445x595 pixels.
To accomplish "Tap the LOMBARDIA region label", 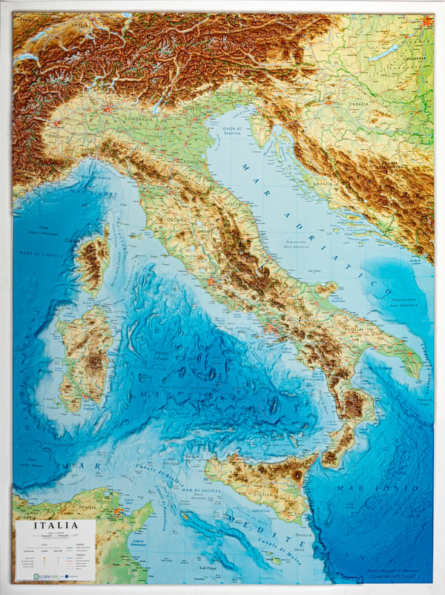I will point(121,118).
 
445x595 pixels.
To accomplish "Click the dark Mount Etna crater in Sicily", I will point(298,474).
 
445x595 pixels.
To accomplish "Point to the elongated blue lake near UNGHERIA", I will point(383,53).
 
